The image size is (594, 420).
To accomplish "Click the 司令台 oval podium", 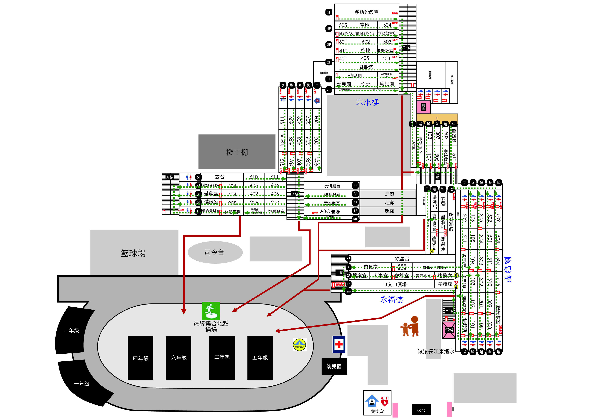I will (215, 252).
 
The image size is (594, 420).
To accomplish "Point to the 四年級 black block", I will (141, 358).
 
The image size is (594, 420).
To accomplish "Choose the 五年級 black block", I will (260, 357).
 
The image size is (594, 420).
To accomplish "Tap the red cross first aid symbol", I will (339, 344).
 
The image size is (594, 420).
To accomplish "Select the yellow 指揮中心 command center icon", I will (299, 345).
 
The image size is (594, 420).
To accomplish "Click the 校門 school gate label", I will (421, 410).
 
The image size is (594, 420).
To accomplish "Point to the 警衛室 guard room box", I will (377, 403).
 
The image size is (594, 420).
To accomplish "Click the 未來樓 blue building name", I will (367, 102).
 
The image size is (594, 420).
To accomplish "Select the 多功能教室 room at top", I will (366, 12).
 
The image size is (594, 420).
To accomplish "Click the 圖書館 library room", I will (366, 67).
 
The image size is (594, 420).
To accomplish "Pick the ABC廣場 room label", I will (330, 211).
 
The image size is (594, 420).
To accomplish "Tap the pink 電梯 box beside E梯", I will (449, 330).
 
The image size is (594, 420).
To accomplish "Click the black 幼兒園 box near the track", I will (334, 366).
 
